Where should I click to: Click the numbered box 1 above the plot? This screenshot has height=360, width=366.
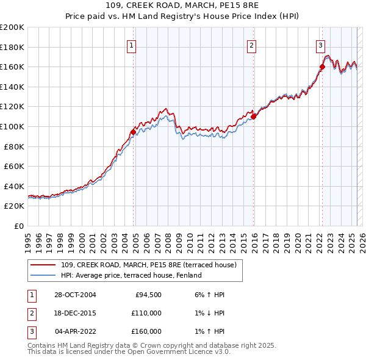tap(132, 43)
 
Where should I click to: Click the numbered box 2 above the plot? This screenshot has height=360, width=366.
tap(251, 43)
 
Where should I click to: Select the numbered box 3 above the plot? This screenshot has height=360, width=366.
tap(320, 43)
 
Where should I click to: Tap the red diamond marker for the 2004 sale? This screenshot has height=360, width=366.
tap(133, 132)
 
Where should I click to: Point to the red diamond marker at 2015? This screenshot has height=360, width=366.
tap(253, 117)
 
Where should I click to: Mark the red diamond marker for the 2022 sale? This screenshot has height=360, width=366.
tap(322, 67)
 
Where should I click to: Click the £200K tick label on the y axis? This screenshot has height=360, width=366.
tap(12, 27)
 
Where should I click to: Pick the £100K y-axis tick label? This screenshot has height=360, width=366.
tap(12, 127)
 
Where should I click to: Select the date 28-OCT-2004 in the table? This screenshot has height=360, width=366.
tap(75, 295)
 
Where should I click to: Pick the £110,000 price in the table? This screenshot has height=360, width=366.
tap(146, 314)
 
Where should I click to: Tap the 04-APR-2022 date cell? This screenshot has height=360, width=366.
tap(75, 332)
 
